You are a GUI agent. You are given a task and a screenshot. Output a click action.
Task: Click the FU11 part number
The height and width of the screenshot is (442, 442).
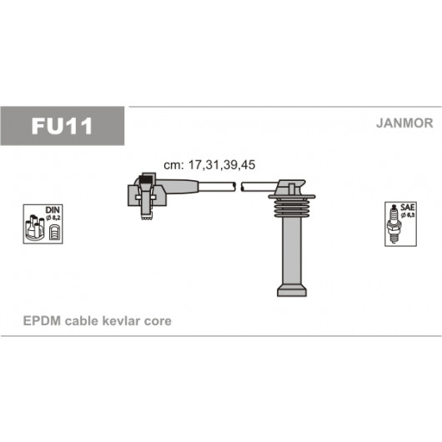(62, 126)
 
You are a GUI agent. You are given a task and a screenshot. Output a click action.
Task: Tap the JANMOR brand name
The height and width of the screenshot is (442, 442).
(404, 123)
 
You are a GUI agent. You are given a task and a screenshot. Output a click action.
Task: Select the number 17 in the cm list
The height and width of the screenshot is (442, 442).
(195, 165)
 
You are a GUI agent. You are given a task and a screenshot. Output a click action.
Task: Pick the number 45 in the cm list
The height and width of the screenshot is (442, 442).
(248, 165)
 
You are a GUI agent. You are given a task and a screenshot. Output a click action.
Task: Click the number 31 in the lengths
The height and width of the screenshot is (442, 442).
(213, 165)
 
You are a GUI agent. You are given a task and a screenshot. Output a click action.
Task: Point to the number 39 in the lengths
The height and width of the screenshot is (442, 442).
(230, 165)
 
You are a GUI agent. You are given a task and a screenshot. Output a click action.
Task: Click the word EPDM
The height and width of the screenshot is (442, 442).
(42, 321)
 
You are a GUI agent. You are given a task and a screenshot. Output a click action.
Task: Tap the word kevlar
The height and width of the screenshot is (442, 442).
(121, 321)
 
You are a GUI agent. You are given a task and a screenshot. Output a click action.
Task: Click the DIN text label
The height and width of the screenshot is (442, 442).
(53, 210)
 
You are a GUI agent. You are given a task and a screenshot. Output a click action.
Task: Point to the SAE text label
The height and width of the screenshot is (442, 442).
(407, 207)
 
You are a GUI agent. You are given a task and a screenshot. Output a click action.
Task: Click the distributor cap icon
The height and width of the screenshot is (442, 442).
(35, 228)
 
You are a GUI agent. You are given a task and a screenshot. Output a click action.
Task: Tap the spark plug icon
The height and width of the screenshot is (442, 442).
(394, 224)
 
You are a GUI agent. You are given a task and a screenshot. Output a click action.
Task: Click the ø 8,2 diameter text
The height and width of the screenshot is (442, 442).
(53, 218)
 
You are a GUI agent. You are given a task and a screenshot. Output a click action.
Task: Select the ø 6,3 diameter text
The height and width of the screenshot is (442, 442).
(407, 215)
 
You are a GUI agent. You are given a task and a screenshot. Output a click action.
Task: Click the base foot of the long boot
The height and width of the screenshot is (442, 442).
(292, 290)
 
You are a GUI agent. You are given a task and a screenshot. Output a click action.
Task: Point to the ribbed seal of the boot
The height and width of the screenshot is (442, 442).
(292, 206)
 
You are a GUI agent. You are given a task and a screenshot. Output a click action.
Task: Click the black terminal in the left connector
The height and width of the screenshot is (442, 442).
(146, 180)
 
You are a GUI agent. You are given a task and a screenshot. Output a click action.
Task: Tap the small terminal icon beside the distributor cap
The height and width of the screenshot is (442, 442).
(54, 233)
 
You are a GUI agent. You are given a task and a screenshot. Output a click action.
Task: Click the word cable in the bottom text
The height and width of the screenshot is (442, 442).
(82, 321)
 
